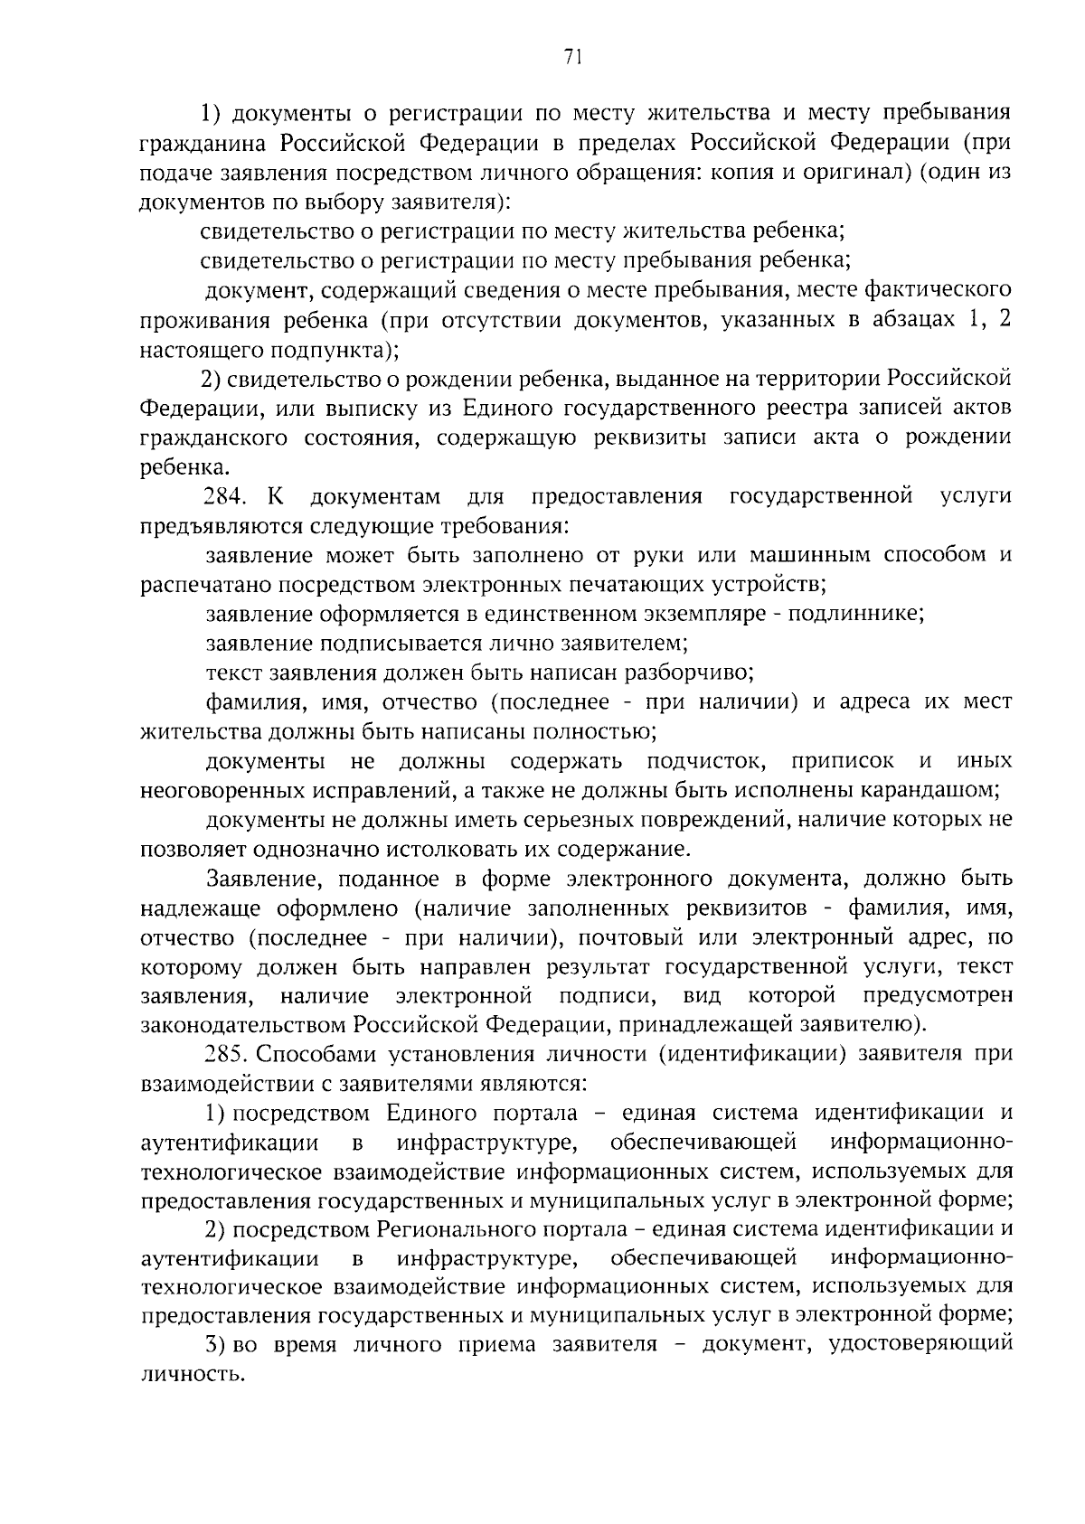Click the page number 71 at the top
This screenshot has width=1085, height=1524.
tap(571, 57)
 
